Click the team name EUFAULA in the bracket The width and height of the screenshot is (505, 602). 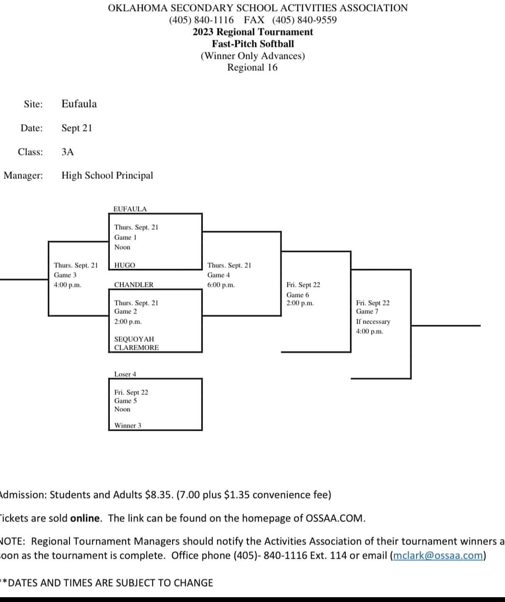coord(130,209)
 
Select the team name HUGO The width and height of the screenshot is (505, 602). coord(125,265)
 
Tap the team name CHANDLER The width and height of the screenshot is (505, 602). coord(134,285)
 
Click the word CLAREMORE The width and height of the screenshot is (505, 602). coord(136,348)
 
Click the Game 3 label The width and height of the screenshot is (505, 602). coord(65,275)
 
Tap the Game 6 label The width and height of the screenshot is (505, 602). coord(297,295)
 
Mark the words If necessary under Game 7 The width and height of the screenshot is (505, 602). coord(373,322)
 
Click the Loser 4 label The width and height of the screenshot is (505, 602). coord(125,374)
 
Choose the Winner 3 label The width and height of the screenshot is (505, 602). coord(128,425)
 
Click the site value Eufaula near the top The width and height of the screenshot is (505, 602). coord(79,104)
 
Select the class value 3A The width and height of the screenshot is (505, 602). coord(68,152)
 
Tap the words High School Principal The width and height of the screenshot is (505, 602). coord(107,176)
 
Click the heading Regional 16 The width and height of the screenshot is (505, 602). coord(252,68)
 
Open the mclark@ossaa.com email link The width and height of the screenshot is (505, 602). coord(437,556)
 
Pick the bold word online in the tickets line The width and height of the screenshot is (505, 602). coord(86,518)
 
